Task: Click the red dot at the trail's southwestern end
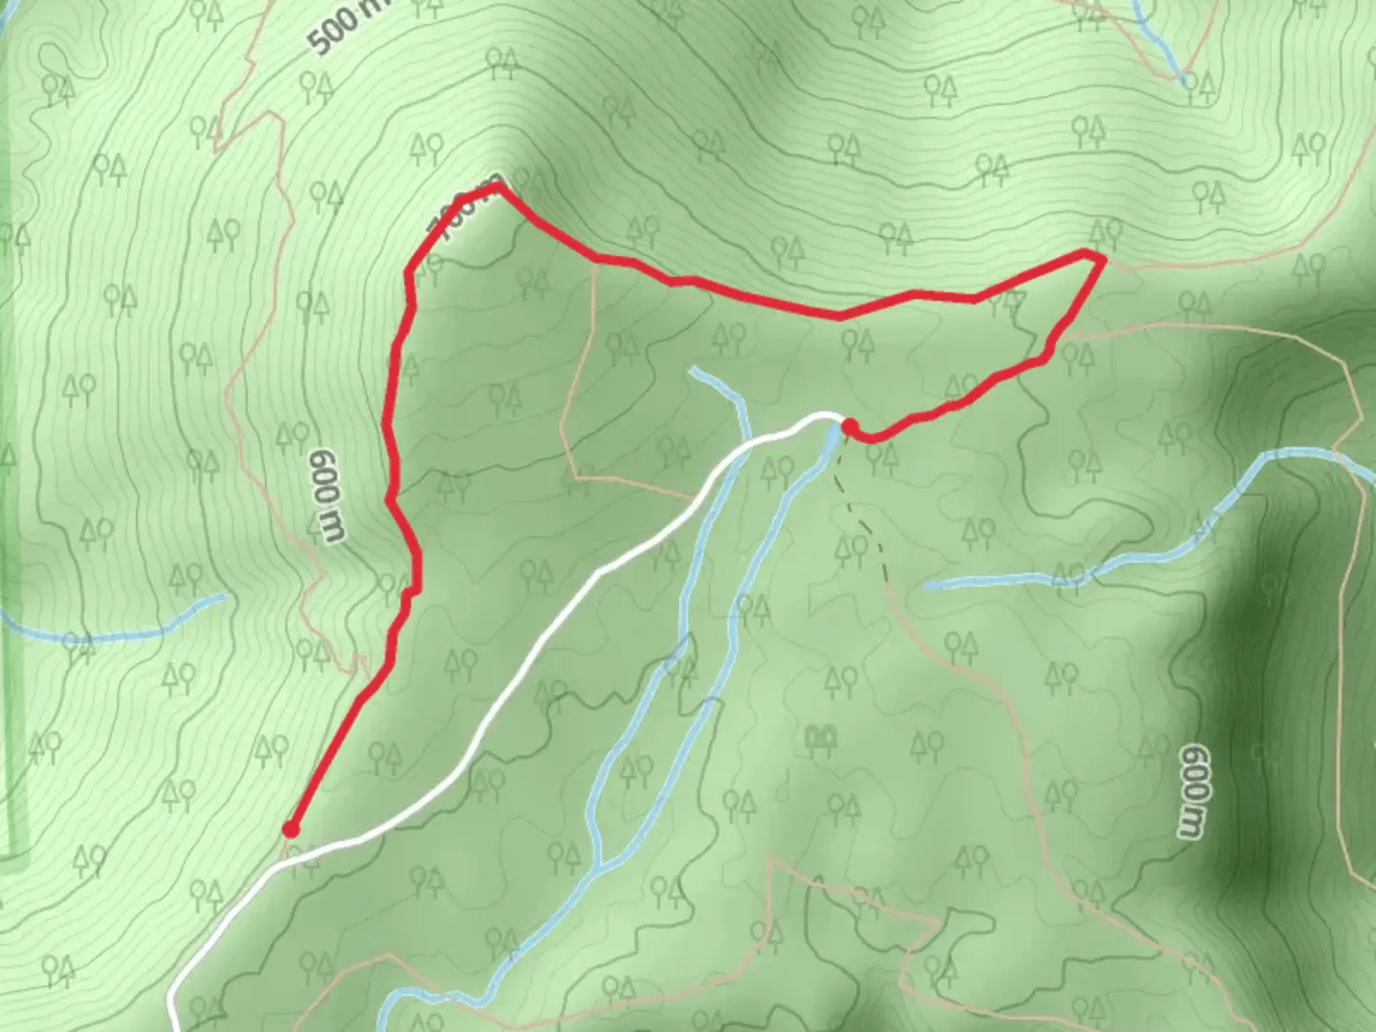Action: [x=290, y=829]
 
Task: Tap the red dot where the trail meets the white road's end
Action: [x=848, y=426]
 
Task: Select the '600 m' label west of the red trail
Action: [x=326, y=495]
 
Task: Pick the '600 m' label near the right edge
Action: [x=1191, y=791]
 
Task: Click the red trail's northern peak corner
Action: [x=497, y=188]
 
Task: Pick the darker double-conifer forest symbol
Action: [x=818, y=737]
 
